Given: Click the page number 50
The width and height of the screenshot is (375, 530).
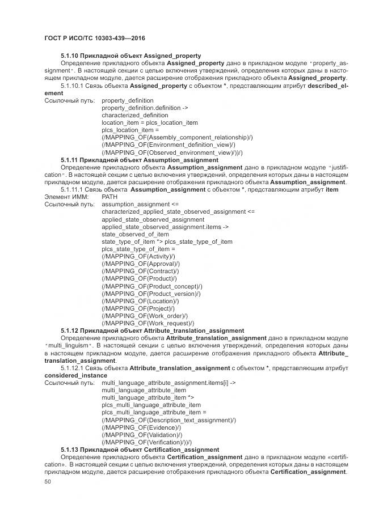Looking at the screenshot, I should pos(48,482).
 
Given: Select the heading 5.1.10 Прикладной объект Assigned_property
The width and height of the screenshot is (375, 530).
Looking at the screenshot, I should pos(130,56).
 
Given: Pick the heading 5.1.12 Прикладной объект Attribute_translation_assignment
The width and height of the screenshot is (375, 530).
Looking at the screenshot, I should pos(153,330).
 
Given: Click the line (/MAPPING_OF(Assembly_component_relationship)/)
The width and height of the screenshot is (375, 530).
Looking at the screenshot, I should pos(177,137).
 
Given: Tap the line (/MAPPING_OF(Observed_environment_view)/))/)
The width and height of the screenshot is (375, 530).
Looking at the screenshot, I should pos(172,152).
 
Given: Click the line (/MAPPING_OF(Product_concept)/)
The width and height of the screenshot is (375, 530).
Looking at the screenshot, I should pos(151,286).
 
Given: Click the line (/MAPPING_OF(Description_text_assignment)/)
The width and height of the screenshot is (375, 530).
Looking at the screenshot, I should pos(168,419).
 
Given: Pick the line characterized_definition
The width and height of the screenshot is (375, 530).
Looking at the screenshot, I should pos(135,115).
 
